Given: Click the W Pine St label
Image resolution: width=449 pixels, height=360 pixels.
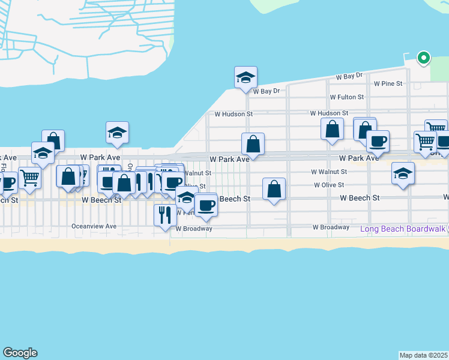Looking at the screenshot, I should pos(388,84).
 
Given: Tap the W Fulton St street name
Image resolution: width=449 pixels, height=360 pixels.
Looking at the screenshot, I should pos(346,97).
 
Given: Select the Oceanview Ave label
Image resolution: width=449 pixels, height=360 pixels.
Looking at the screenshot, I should pos(93,227).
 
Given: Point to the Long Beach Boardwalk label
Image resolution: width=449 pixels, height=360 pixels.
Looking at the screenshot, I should pos(402,229).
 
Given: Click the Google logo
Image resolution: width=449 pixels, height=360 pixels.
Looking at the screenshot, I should pos(20,353).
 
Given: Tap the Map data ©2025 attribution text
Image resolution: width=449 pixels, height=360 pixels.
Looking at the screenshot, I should pos(424,355).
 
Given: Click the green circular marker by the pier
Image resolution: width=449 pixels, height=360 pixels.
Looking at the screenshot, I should pos(424,58).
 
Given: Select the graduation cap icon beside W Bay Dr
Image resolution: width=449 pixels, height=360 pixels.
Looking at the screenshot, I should pos(246,77).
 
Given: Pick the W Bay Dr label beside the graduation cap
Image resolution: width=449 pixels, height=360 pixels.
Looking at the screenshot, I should pos(267,91).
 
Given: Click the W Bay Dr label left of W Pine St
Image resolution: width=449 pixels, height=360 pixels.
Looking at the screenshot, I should pos(349,76).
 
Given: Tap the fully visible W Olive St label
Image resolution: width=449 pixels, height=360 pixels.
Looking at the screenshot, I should pos(329,185).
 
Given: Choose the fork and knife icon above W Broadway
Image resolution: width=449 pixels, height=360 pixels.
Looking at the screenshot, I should pos(165,214).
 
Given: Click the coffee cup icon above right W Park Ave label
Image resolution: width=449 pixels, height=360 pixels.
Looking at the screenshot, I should pos(378,142).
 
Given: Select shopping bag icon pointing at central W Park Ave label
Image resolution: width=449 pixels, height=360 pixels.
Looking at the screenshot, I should pos(253,144).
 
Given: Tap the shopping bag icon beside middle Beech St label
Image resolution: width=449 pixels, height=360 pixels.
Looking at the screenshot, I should pos(274,189).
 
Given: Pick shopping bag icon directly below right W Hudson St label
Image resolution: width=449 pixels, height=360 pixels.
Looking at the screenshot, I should pos(332,128).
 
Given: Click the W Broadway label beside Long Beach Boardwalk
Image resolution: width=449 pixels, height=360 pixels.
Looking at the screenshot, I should pos(331,227).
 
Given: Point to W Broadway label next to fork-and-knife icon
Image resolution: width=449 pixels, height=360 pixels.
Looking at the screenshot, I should pos(194,229).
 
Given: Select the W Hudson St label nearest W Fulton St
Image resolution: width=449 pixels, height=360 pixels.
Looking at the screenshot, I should pos(329,113).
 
